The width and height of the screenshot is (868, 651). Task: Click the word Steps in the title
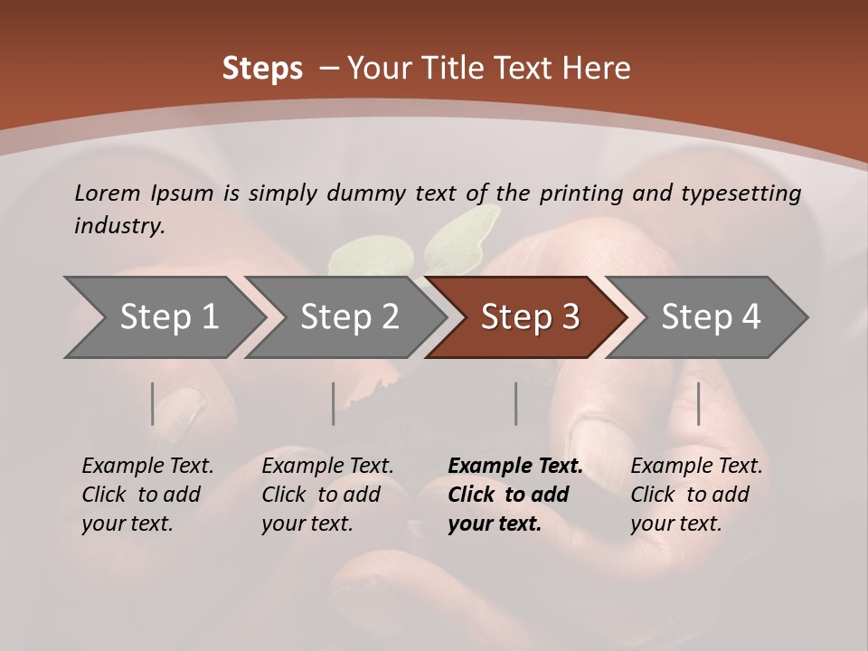point(262,69)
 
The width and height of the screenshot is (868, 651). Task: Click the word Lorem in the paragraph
point(108,193)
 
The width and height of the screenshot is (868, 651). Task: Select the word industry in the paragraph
point(119,226)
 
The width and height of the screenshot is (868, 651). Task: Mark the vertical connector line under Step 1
point(153,403)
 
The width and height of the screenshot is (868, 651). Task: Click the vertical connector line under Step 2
point(334,403)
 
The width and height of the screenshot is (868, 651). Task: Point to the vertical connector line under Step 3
point(515,403)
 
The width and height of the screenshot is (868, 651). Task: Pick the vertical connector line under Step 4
point(698,403)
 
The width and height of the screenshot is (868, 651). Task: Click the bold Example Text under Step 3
point(515,466)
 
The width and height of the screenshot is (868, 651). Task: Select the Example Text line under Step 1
point(147,466)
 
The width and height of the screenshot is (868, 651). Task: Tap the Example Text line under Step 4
point(696,466)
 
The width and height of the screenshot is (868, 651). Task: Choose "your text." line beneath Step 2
point(307,524)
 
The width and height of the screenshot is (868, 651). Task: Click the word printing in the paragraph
point(578,193)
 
